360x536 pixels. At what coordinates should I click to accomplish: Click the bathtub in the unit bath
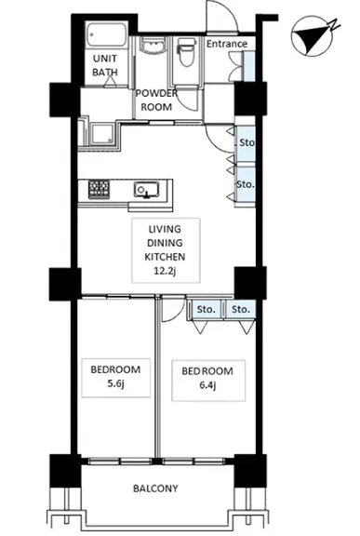tap(106, 34)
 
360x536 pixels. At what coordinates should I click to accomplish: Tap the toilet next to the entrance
tap(186, 51)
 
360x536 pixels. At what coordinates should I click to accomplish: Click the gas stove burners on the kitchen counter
tap(99, 189)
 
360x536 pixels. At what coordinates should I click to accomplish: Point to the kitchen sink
tap(147, 190)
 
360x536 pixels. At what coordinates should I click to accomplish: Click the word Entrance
tap(227, 44)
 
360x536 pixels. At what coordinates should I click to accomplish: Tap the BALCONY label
tap(155, 489)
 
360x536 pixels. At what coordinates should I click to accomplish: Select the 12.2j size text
tap(165, 271)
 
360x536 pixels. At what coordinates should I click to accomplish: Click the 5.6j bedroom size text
tap(115, 383)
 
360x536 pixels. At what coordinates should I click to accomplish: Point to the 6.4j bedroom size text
tap(207, 385)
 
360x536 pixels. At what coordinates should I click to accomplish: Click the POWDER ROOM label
tap(156, 100)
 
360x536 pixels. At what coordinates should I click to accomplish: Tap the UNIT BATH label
tap(105, 65)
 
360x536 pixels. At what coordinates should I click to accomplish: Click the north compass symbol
tap(313, 35)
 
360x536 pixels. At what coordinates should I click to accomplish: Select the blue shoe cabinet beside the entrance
tap(248, 66)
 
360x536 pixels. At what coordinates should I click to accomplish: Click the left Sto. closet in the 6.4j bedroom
tap(206, 310)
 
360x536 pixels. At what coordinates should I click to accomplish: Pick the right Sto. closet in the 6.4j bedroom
tap(240, 310)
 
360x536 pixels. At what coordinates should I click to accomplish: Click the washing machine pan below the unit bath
tap(102, 134)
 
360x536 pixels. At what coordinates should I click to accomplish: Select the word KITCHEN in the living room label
tap(165, 257)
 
